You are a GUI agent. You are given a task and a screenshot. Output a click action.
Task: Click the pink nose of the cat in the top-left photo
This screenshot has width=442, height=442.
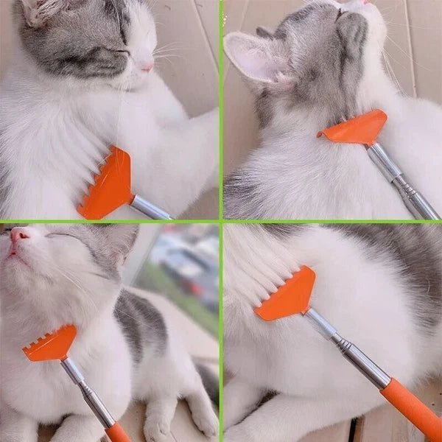pyautogui.click(x=147, y=67)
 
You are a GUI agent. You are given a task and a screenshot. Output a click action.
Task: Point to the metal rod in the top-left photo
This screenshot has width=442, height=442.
pyautogui.click(x=150, y=208)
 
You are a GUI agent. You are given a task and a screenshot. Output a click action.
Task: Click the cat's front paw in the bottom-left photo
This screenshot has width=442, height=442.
pyautogui.click(x=158, y=427)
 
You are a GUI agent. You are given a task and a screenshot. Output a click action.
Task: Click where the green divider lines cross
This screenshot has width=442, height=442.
pyautogui.click(x=221, y=220)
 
